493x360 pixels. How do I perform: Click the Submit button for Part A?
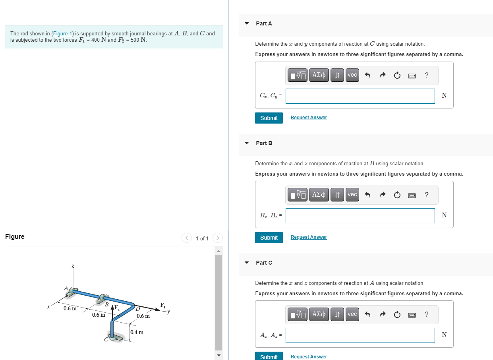coord(269,118)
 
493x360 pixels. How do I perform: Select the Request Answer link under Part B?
coord(309,237)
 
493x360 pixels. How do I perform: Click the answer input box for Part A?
coord(360,96)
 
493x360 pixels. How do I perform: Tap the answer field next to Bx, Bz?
coord(360,215)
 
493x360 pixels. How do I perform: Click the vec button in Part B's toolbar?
coord(352,195)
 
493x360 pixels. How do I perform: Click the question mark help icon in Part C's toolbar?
coord(427,314)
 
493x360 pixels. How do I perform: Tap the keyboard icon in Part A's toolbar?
coord(412,75)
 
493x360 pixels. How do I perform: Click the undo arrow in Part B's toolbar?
coord(367,195)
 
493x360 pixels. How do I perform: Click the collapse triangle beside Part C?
coord(247,263)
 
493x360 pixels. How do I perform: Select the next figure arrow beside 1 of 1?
coord(218,238)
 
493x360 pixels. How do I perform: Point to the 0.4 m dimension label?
coord(137,332)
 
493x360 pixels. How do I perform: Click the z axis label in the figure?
coord(73,266)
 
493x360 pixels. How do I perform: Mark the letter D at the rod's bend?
coord(138,309)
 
